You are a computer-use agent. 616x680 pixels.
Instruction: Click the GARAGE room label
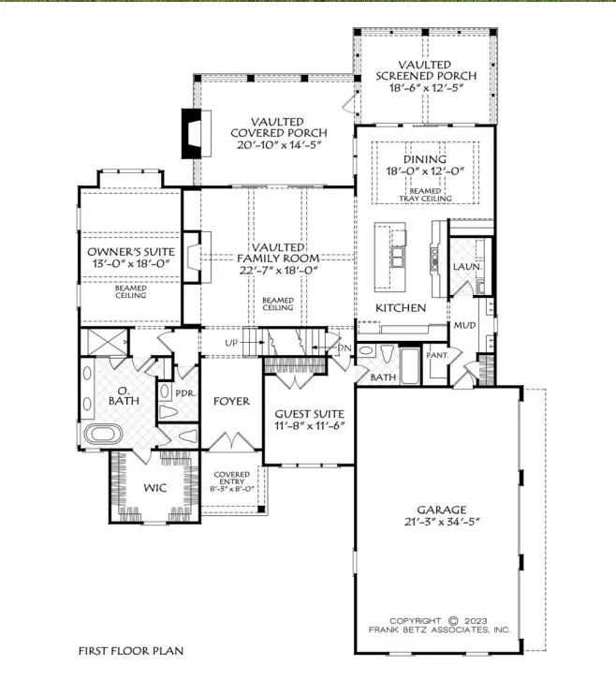(x=442, y=510)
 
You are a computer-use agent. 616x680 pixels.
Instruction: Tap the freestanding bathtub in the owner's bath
(x=103, y=434)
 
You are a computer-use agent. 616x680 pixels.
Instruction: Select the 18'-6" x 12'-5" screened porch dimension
(x=427, y=88)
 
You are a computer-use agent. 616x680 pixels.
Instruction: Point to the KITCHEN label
(x=401, y=308)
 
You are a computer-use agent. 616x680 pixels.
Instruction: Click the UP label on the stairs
(x=231, y=343)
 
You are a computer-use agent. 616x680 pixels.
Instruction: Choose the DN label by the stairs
(x=345, y=347)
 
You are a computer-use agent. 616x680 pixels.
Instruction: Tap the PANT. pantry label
(x=437, y=355)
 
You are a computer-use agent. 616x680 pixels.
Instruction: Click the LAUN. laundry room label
(x=467, y=267)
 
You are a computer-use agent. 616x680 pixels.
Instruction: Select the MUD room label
(x=464, y=325)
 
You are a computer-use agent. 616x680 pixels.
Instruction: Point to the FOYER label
(x=231, y=401)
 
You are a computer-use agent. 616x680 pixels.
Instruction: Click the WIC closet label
(x=154, y=488)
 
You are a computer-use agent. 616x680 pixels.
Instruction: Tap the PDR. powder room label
(x=186, y=393)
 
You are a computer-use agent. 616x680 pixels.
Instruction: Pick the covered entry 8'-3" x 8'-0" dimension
(x=232, y=489)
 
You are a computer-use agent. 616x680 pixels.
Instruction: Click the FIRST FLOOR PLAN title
(x=131, y=651)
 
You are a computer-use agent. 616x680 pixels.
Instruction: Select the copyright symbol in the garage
(x=452, y=621)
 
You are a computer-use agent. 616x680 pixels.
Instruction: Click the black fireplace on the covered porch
(x=191, y=133)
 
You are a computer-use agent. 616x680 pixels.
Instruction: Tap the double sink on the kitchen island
(x=399, y=257)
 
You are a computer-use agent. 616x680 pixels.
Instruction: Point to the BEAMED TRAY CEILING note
(x=425, y=195)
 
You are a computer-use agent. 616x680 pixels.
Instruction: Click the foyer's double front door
(x=232, y=441)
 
